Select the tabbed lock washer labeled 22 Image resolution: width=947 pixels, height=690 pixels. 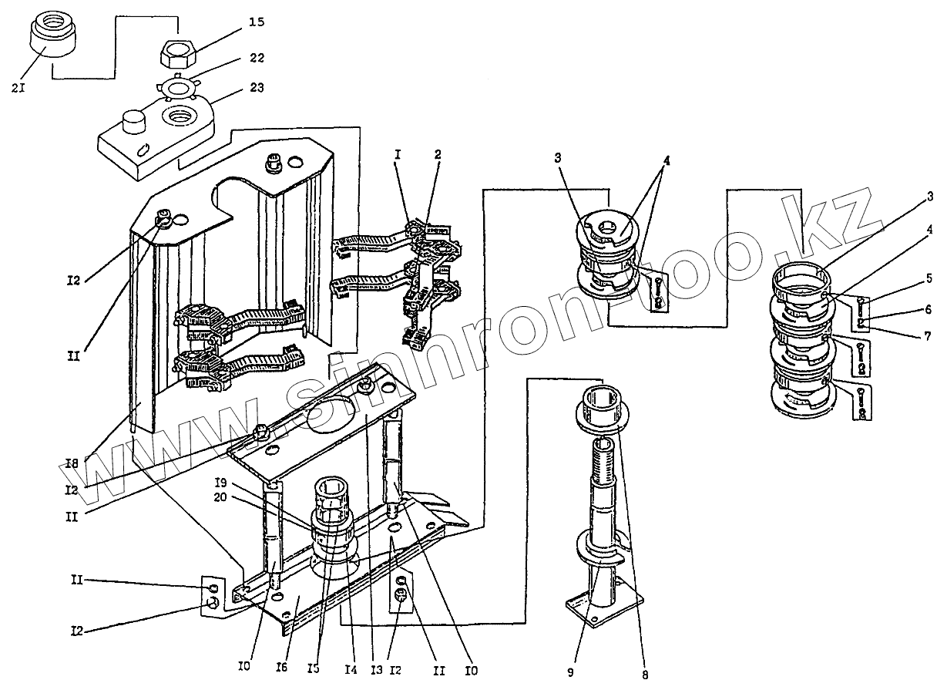(178, 88)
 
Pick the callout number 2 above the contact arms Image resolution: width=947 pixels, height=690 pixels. (438, 154)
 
